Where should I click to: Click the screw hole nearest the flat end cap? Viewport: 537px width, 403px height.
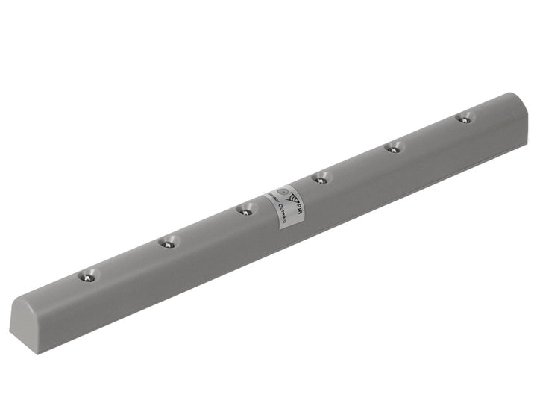[88, 275]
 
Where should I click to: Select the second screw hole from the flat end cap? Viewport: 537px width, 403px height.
[169, 242]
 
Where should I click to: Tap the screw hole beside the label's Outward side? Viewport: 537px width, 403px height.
[245, 210]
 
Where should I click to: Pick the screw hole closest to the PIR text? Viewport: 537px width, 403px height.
[320, 178]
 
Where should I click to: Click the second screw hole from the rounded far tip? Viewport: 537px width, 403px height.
[392, 147]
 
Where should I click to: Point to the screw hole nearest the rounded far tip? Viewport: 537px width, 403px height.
[464, 117]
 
